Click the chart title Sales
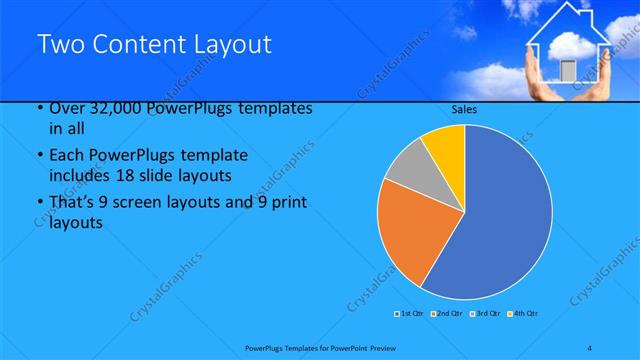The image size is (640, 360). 465,110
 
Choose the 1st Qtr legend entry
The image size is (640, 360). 410,314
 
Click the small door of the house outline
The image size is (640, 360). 567,69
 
